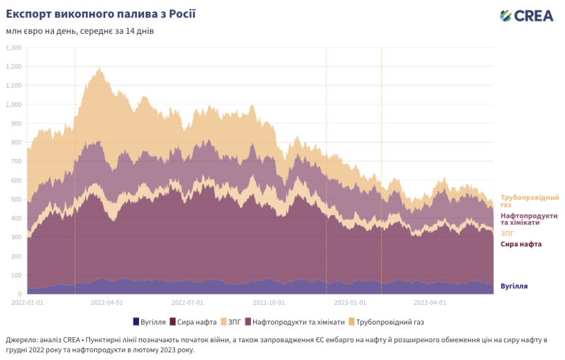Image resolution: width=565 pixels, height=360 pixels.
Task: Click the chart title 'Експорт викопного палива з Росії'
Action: (x=101, y=14)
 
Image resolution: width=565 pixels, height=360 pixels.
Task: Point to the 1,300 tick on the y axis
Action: (x=14, y=48)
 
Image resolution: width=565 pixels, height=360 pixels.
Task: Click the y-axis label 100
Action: (x=15, y=275)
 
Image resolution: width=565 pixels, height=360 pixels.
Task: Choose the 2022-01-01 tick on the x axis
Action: (x=27, y=302)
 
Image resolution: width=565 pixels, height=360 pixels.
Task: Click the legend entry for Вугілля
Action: (x=152, y=322)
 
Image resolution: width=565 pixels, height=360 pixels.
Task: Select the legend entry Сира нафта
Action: (x=195, y=322)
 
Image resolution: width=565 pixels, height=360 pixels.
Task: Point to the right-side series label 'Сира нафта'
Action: (x=521, y=244)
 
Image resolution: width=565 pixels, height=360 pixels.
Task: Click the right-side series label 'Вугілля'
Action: (x=514, y=286)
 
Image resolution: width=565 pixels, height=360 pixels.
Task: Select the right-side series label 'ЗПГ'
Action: (x=507, y=233)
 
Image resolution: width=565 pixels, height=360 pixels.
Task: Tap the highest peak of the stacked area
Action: (x=100, y=68)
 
